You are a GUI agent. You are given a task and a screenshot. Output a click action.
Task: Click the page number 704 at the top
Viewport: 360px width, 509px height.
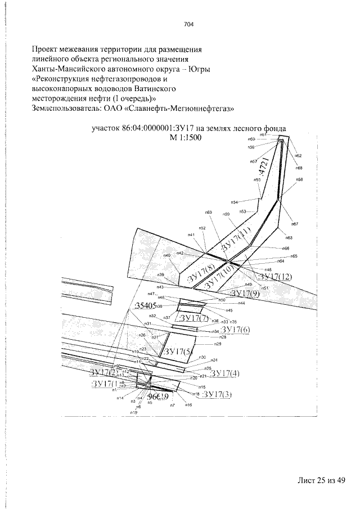point(188,24)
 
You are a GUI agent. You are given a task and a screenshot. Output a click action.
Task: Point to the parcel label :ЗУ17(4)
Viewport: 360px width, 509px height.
point(224,373)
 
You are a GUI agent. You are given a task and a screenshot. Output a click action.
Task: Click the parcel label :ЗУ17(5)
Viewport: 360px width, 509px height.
point(178,352)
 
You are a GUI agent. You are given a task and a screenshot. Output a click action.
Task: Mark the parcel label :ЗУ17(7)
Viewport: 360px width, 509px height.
point(192,319)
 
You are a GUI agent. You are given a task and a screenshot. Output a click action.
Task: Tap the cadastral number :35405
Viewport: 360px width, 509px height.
point(146,305)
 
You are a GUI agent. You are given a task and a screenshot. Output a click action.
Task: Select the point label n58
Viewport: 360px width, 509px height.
point(299,179)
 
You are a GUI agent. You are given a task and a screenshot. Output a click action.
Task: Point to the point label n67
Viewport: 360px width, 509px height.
point(295,224)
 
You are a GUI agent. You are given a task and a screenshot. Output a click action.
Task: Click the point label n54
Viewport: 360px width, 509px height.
point(235,202)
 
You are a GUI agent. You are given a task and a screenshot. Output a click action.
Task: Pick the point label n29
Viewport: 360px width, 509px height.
point(218,344)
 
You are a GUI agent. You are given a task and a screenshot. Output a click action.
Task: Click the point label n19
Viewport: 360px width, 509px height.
point(134,413)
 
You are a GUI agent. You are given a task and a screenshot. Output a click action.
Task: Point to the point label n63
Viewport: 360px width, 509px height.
point(289,238)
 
